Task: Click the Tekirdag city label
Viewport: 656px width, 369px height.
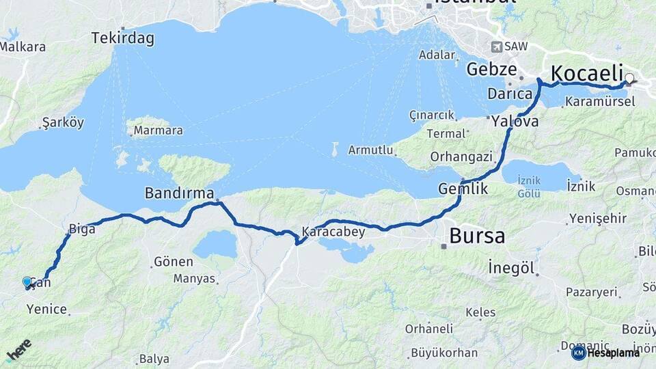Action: coord(123,38)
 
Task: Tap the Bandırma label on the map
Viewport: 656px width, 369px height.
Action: coord(179,193)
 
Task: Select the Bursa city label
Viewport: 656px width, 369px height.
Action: coord(477,236)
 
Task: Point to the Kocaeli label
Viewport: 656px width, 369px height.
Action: coord(587,73)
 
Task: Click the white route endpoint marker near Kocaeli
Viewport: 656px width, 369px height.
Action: coord(629,79)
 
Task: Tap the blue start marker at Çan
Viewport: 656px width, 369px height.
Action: coord(27,282)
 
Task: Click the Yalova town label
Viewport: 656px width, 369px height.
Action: coord(516,122)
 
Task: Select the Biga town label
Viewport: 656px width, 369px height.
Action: coord(81,229)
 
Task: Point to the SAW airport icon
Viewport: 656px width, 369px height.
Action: coord(496,47)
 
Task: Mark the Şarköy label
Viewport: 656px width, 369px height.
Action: coord(63,123)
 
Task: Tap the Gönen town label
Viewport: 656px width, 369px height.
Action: coord(173,261)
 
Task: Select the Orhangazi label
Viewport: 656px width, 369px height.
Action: coord(461,156)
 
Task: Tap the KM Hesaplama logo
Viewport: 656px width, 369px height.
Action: coord(605,353)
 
